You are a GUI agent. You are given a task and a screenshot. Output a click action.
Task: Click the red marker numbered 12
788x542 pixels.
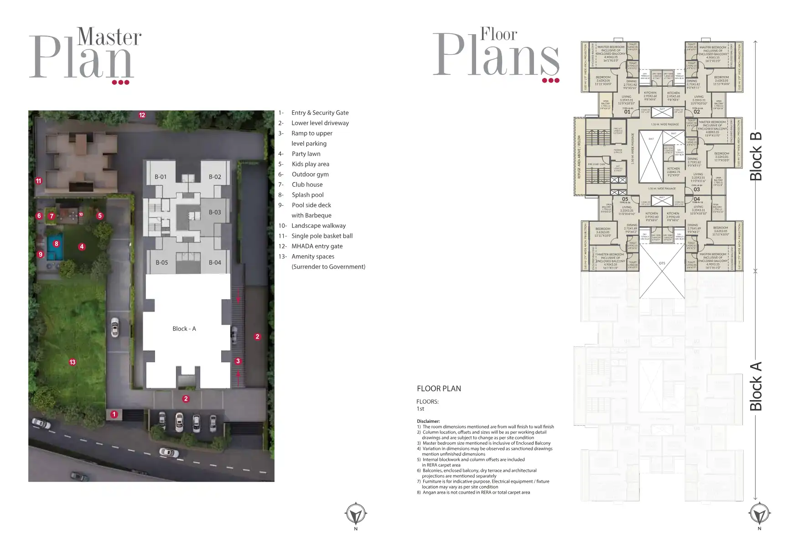pos(142,115)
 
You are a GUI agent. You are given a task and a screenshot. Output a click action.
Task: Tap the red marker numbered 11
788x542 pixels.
pos(39,181)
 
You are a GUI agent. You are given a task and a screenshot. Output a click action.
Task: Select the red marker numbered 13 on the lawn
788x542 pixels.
pos(73,362)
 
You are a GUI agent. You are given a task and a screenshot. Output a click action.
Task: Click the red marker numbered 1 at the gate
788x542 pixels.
pos(114,414)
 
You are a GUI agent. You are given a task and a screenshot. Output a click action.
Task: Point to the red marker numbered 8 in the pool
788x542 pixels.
pos(57,244)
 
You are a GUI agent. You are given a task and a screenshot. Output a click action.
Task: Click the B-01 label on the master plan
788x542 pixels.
pos(161,177)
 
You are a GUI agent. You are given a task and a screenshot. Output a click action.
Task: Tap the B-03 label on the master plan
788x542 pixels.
pos(215,212)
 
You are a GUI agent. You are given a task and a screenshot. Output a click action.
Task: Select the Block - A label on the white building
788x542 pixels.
pos(184,328)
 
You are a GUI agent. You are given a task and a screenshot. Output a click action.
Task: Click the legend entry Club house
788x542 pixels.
pos(307,184)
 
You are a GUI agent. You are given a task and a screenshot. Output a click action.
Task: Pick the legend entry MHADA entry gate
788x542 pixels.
pos(317,246)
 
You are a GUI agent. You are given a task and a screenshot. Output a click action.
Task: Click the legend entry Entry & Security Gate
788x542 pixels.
pos(320,113)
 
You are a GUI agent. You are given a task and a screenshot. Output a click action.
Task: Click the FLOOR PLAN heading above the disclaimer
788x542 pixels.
pos(439,388)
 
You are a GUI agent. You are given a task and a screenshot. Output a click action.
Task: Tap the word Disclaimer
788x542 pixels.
pos(428,421)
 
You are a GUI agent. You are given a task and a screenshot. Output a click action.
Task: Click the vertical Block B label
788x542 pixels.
pos(756,156)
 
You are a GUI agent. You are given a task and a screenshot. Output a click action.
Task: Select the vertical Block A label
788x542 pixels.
pos(756,386)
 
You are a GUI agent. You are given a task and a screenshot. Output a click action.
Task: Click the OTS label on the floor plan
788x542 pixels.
pos(662,263)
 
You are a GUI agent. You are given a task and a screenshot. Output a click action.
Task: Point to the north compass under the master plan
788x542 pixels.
pos(356,515)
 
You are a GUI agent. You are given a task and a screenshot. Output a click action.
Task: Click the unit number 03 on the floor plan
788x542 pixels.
pos(696,189)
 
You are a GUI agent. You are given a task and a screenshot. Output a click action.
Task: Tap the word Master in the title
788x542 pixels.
pos(109,37)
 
